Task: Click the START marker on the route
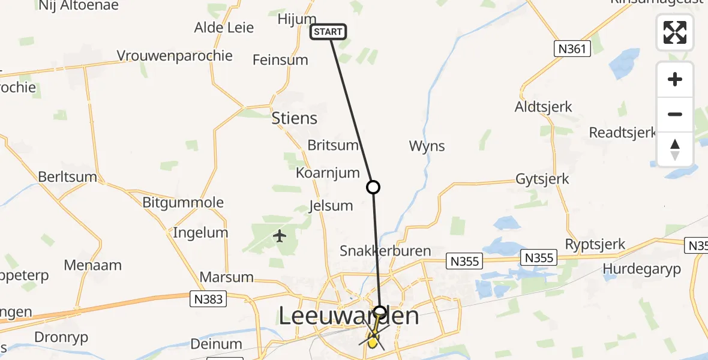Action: (x=328, y=32)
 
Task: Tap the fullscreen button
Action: (x=675, y=32)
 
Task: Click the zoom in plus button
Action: (x=675, y=79)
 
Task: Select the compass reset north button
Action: (x=675, y=149)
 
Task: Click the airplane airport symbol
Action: (x=280, y=236)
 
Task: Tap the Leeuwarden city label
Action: (x=349, y=316)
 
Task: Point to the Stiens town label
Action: (x=294, y=118)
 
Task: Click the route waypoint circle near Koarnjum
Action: (x=373, y=187)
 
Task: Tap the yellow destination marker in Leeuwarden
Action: (x=373, y=343)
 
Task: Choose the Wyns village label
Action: (x=427, y=146)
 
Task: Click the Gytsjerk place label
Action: (x=542, y=179)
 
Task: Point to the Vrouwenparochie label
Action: (x=175, y=56)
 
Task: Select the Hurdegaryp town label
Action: (x=642, y=269)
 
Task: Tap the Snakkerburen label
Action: (x=385, y=251)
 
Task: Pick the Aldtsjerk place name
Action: (x=544, y=107)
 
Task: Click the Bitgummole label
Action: (x=183, y=202)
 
